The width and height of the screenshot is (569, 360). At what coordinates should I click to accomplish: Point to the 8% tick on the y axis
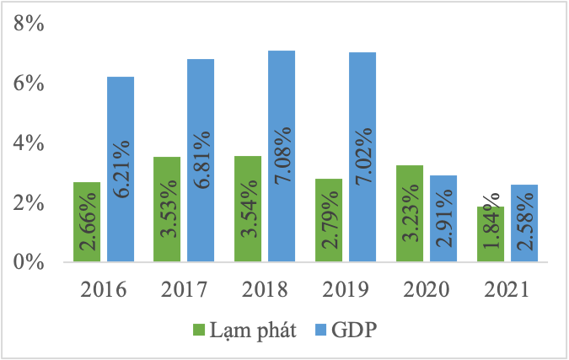coord(28,24)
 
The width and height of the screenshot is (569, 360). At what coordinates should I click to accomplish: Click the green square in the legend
coord(200,330)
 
